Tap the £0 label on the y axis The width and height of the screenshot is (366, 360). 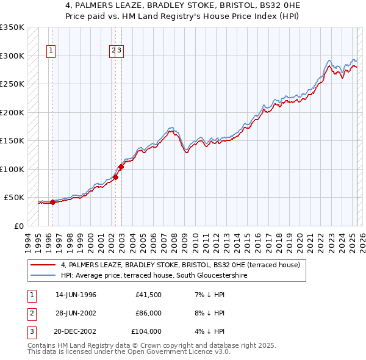[19, 226]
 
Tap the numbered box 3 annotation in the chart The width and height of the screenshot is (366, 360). [120, 51]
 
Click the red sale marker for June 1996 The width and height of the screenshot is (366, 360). [52, 202]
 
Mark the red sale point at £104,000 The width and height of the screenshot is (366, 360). [121, 167]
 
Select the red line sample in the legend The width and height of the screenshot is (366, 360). [43, 265]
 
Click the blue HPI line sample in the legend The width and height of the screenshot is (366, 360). [43, 275]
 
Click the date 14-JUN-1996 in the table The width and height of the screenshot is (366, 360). [76, 295]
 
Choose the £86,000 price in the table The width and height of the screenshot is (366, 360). [148, 314]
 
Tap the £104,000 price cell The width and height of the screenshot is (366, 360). [146, 331]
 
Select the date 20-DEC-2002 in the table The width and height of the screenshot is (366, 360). [76, 331]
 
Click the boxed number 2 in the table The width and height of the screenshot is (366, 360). [32, 314]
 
